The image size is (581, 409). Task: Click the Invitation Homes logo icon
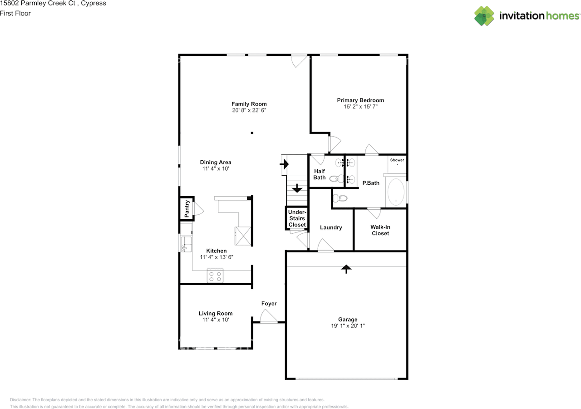[x=484, y=16]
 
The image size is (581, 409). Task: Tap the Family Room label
[x=249, y=104]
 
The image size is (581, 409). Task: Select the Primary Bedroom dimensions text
[x=360, y=107]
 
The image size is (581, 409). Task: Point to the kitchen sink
[x=186, y=244]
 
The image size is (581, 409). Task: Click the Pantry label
[x=187, y=208]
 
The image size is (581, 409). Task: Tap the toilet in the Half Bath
[x=336, y=179]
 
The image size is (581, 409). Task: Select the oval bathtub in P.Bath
[x=396, y=192]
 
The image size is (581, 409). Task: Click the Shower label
[x=397, y=160]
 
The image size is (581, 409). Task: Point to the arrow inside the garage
[x=346, y=269]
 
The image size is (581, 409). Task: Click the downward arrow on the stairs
[x=297, y=188]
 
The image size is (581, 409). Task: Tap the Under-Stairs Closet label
[x=297, y=218]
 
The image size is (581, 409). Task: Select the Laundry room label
[x=331, y=227]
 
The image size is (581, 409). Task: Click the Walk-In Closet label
[x=380, y=230]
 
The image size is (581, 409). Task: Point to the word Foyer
[x=269, y=303]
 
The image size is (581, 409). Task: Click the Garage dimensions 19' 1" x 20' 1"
[x=348, y=326]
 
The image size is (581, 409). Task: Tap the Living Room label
[x=216, y=313]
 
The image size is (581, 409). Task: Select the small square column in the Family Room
[x=252, y=133]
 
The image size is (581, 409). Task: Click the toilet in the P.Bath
[x=340, y=198]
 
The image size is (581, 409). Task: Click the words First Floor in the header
[x=15, y=13]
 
